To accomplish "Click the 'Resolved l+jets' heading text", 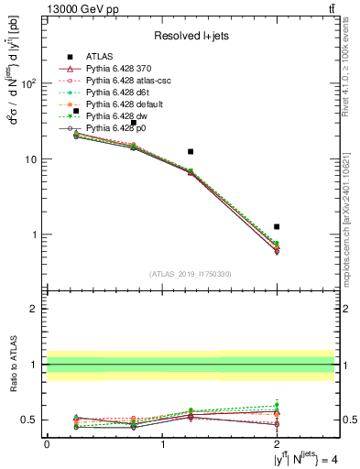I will click(x=191, y=36).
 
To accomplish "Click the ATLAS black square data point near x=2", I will click(x=277, y=226).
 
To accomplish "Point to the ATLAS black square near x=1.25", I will click(x=191, y=151).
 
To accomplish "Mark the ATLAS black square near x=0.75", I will click(x=133, y=122).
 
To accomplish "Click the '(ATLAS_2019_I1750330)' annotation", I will click(x=191, y=274).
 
